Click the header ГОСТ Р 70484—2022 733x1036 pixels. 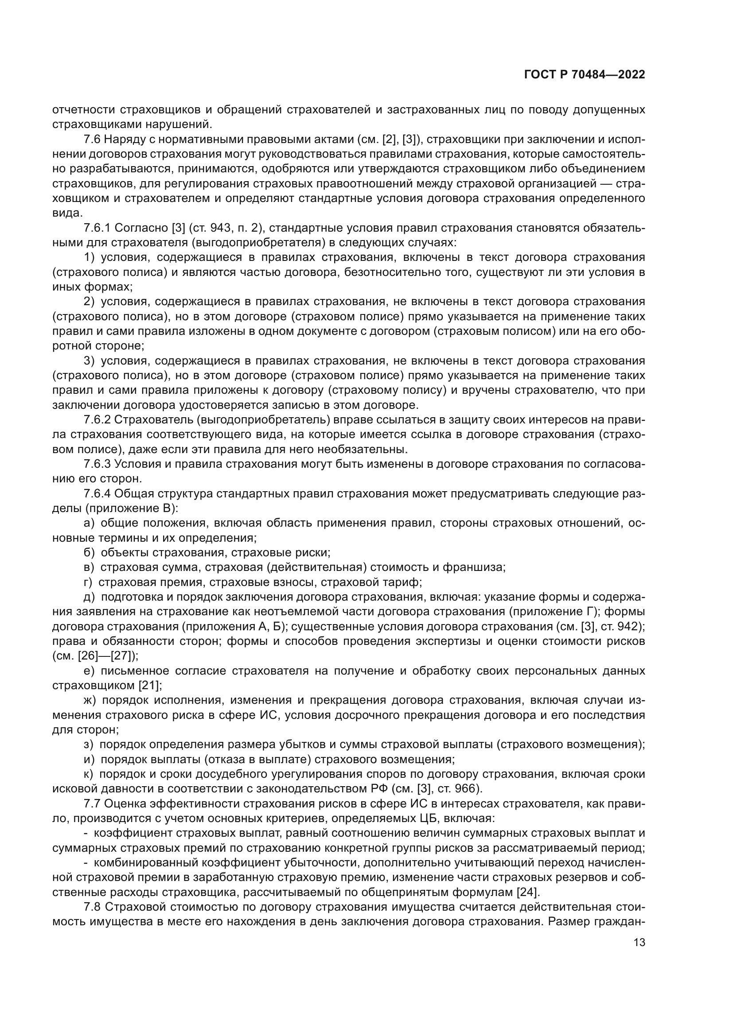point(585,75)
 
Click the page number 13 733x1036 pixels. point(639,943)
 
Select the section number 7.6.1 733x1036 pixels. point(97,228)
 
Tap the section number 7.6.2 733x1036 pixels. point(97,419)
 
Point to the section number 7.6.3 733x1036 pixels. point(97,464)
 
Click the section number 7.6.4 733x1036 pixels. point(97,493)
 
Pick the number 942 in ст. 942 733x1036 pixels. point(631,626)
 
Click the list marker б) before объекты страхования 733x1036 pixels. point(89,552)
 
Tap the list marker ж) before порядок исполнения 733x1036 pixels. point(90,700)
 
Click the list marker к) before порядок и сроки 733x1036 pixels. point(89,774)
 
